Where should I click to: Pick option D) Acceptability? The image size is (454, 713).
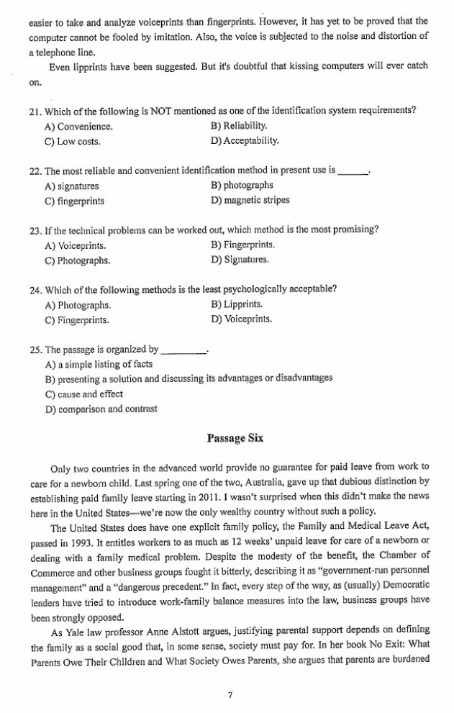(245, 141)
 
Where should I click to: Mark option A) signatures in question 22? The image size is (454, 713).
(71, 186)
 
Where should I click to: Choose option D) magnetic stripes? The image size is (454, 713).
(250, 200)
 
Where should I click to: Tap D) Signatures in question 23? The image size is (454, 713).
(240, 259)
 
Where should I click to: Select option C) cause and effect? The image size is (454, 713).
(84, 394)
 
